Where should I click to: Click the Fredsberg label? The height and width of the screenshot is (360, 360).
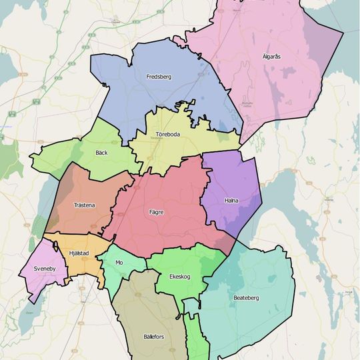[x=159, y=77]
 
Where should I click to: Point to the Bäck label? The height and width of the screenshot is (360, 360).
[x=101, y=153]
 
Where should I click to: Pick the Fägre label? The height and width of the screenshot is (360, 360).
[x=156, y=212]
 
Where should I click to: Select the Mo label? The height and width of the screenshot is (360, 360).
[x=119, y=263]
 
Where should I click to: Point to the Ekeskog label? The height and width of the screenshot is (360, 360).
[x=180, y=276]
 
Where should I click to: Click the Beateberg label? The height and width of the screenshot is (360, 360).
[x=246, y=297]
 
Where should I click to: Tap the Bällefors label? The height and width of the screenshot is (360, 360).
[x=153, y=337]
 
